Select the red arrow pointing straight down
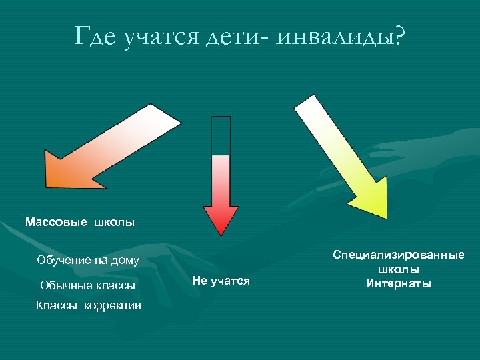(x=221, y=187)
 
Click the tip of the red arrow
(x=221, y=233)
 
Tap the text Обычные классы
(x=87, y=285)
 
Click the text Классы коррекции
(x=89, y=305)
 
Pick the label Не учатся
(x=220, y=281)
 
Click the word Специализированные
(x=399, y=255)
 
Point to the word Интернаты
(x=399, y=284)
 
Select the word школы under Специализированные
(x=399, y=270)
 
